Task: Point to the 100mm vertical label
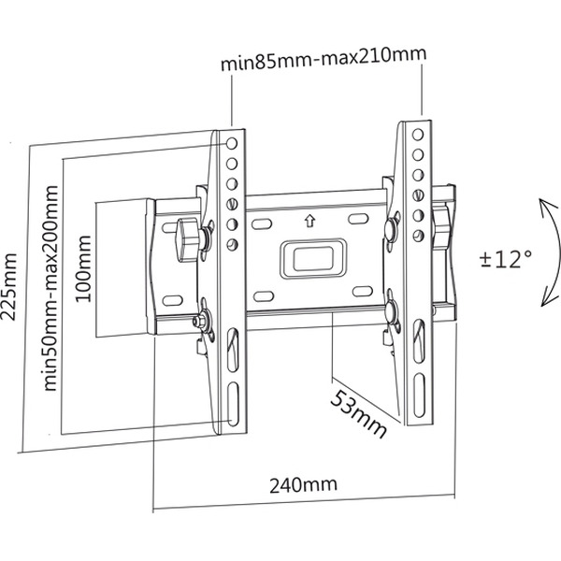pyautogui.click(x=82, y=268)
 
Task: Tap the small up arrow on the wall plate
pyautogui.click(x=309, y=223)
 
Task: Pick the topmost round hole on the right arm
pyautogui.click(x=417, y=133)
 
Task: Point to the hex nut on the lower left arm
pyautogui.click(x=200, y=322)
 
